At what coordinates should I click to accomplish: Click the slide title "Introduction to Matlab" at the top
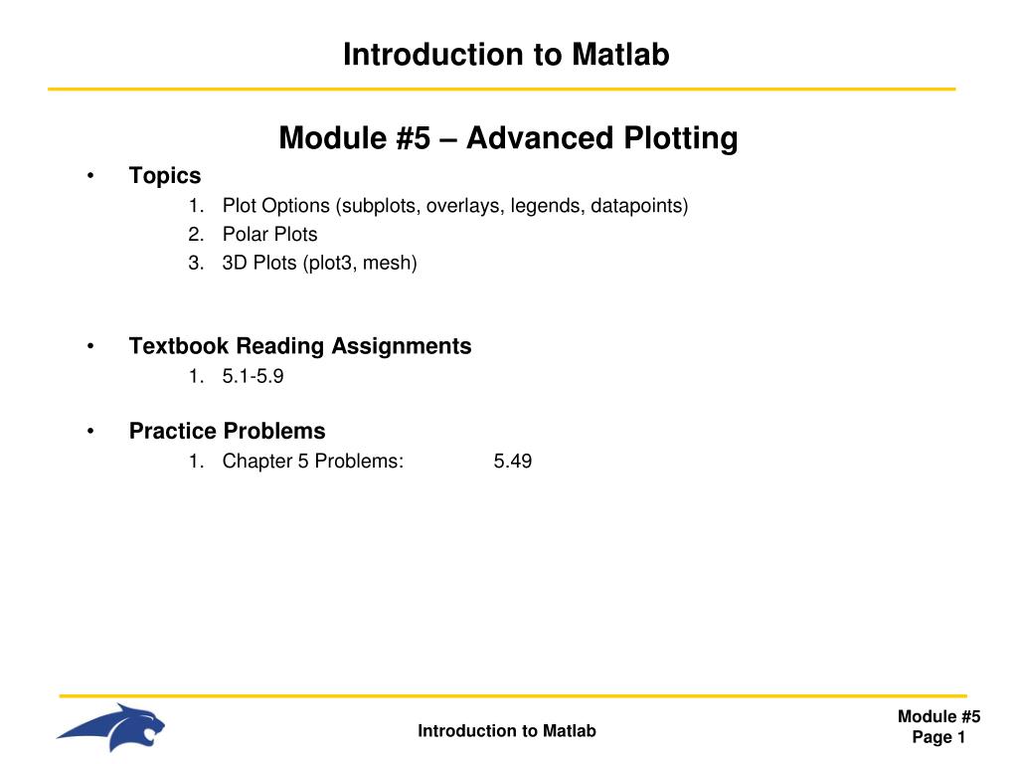(x=506, y=55)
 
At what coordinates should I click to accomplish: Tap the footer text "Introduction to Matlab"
(x=506, y=731)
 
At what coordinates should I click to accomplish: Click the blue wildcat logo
(x=111, y=727)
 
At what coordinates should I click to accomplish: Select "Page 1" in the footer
(x=938, y=737)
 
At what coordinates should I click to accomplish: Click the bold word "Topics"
(x=165, y=176)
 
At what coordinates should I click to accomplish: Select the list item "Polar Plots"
(x=269, y=235)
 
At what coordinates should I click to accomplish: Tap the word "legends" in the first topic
(x=546, y=206)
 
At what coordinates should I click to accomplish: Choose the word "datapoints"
(x=635, y=206)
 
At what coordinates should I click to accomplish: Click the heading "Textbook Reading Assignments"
(x=300, y=346)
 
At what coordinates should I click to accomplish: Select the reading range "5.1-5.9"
(x=246, y=376)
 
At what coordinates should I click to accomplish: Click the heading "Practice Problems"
(x=227, y=431)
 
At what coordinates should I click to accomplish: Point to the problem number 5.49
(x=512, y=461)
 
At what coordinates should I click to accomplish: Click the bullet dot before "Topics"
(x=90, y=177)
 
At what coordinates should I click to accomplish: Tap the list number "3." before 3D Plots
(x=195, y=264)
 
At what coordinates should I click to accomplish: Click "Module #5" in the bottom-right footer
(x=938, y=717)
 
